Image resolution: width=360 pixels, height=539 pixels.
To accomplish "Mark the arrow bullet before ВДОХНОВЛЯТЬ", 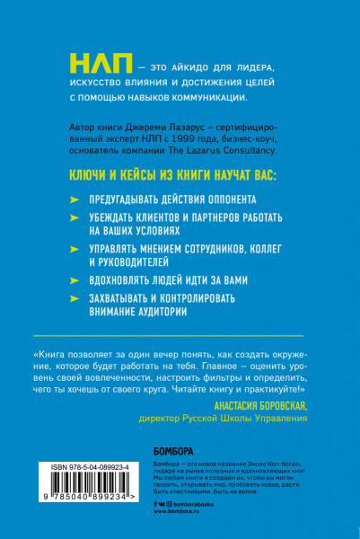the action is click(74, 279).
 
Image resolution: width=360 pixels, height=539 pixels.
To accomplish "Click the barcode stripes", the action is click(81, 498).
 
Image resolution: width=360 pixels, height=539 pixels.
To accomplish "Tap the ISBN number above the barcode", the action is click(80, 469).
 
